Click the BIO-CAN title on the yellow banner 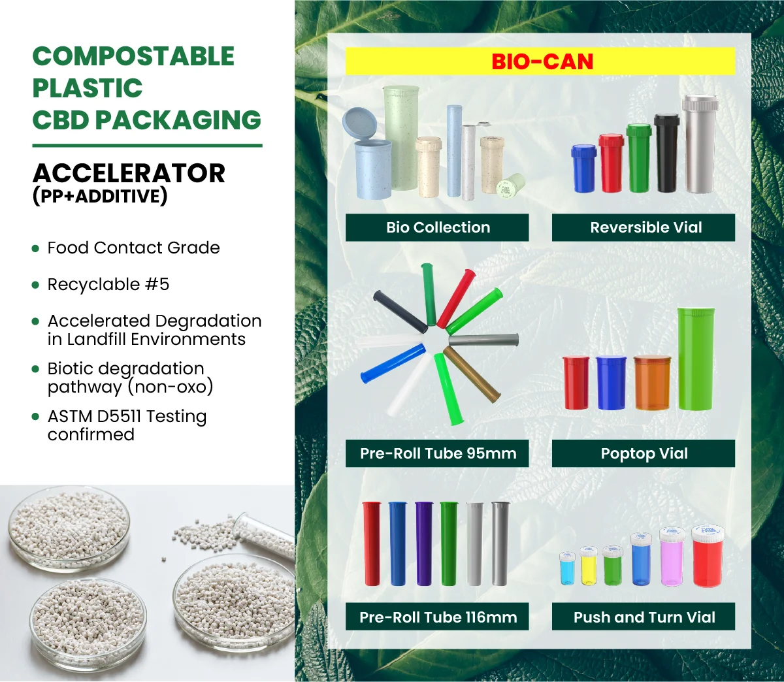coord(542,61)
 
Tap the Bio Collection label coord(438,227)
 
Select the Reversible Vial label coord(645,227)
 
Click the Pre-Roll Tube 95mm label coord(438,453)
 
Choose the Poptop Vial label coord(644,453)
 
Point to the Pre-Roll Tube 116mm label coord(438,617)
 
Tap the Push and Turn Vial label coord(644,617)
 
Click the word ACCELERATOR coord(129,173)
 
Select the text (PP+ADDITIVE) coord(100,196)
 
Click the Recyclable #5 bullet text coord(108,284)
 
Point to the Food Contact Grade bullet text coord(133,248)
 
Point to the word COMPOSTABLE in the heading coord(133,56)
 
